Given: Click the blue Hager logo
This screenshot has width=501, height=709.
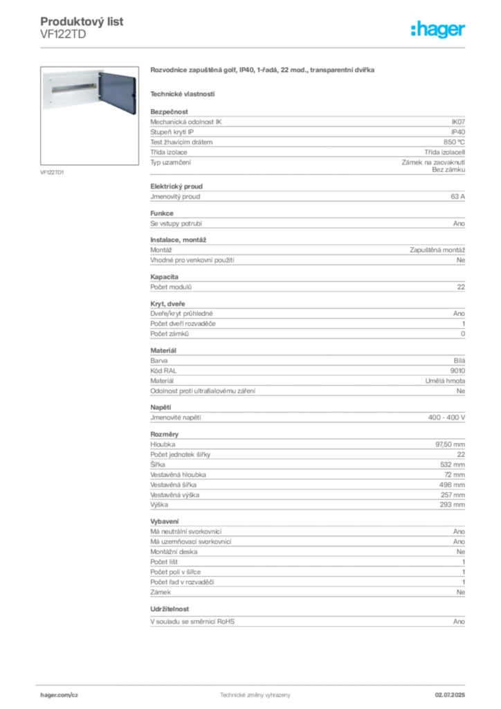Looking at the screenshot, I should point(439,30).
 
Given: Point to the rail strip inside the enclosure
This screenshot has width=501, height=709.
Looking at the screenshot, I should point(72,89).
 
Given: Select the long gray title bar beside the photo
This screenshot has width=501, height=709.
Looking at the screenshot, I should point(263,71).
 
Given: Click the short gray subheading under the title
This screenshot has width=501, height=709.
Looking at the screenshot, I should point(183,93).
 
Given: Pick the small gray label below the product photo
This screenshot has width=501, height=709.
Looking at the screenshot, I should point(53,172).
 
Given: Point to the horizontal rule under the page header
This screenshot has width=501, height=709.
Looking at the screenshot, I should point(277,47).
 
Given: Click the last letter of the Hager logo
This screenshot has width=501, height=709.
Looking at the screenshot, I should point(464,31).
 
